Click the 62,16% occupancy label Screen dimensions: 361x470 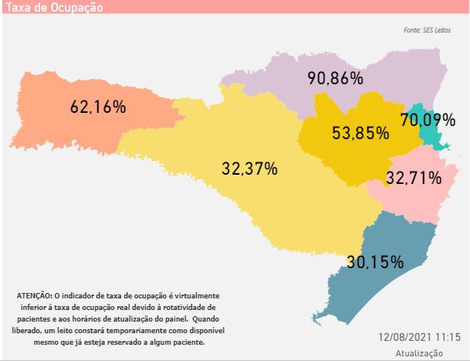98,107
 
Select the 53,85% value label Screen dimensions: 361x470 360,132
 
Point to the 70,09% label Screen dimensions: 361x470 428,120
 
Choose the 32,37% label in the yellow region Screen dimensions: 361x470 249,168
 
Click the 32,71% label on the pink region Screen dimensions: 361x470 414,178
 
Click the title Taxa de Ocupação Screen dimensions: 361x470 54,7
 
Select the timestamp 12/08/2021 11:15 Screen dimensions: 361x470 420,338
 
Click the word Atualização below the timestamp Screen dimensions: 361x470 419,352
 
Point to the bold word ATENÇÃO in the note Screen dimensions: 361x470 33,296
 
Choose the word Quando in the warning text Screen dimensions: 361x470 205,318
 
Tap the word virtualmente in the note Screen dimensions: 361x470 195,296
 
